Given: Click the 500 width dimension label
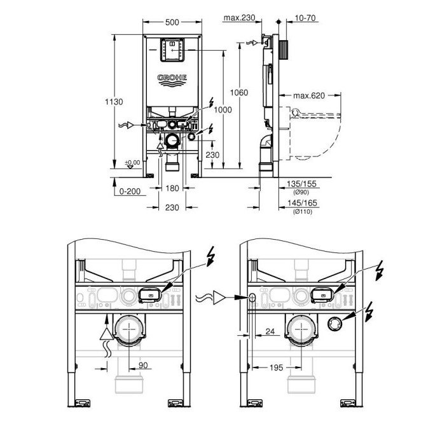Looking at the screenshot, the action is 172,22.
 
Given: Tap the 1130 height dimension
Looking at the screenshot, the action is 114,102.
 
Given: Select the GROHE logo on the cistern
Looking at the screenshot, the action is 172,80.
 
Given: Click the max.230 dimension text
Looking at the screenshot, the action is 239,18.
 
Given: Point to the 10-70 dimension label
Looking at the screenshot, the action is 305,18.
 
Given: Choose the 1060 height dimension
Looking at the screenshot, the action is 239,93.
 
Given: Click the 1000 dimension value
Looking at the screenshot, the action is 223,110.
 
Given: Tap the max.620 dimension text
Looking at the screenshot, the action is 309,95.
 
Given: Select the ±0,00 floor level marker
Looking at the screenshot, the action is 132,163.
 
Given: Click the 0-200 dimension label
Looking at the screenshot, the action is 130,191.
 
